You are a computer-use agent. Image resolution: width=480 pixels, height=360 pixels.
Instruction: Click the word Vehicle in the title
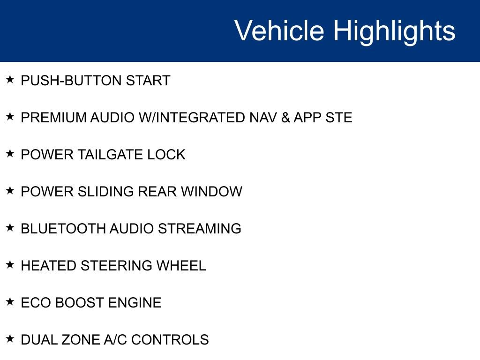279,31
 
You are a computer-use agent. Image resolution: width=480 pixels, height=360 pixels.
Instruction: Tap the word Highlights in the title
394,31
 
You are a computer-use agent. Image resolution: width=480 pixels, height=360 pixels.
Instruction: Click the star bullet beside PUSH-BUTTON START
10,80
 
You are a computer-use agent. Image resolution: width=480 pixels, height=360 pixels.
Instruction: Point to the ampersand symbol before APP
285,118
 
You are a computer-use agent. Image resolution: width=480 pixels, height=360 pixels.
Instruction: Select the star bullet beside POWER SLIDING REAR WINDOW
10,191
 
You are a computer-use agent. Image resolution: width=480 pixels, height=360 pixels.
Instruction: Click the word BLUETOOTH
63,229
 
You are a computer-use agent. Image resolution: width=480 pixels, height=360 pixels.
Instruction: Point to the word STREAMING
200,229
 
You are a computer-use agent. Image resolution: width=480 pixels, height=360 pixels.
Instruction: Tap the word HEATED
49,266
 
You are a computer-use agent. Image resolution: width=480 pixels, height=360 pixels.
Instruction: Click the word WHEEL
181,266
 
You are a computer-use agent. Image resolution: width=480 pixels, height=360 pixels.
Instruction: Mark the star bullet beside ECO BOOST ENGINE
10,302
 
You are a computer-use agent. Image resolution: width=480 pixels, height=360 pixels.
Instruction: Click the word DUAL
37,340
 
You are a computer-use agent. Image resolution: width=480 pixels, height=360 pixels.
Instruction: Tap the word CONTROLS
170,340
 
